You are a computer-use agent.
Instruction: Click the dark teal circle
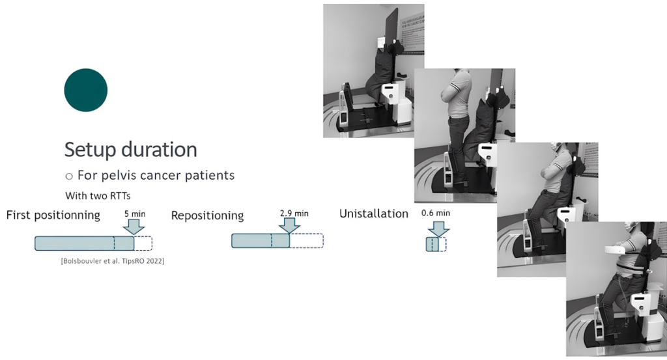click(85, 90)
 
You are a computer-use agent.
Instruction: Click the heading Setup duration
click(130, 149)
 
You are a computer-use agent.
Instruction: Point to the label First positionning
click(53, 215)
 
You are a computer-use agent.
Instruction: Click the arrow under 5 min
click(135, 227)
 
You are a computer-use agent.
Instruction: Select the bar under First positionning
click(84, 243)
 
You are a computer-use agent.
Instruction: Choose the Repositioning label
click(207, 215)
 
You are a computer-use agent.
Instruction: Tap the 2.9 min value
click(294, 212)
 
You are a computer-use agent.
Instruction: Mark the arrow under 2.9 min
click(288, 225)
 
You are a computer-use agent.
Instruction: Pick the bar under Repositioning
click(261, 241)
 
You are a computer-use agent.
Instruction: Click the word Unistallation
click(373, 214)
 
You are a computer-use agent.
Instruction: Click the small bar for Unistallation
click(433, 245)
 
